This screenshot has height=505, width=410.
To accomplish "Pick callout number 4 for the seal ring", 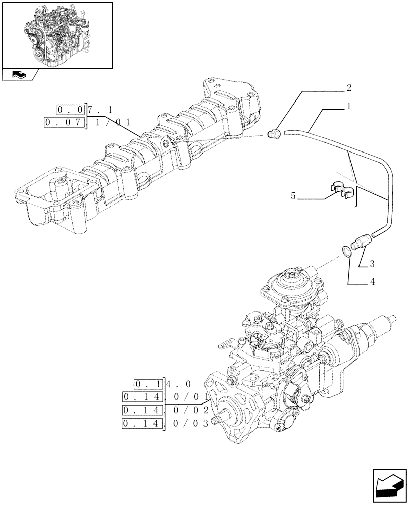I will pos(372,282).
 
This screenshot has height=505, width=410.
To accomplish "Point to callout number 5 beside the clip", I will pos(293,196).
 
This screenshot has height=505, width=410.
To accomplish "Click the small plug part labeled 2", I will pos(274,133).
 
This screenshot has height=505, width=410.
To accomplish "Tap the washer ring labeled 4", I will pos(346,250).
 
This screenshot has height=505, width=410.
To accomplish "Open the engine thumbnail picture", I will pos(57,35).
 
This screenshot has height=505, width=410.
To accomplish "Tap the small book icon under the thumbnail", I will pos(19,75).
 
